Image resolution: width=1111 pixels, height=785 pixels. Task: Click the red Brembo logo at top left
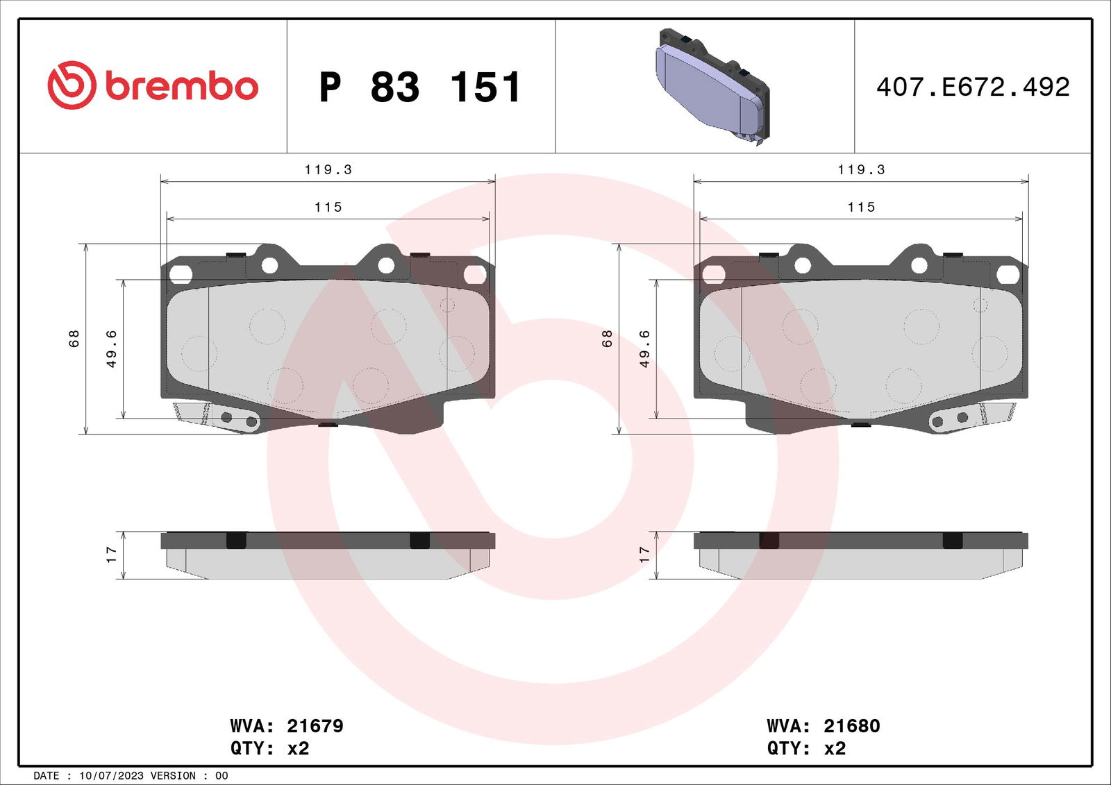pos(153,85)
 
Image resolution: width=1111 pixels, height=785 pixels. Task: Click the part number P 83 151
pos(419,87)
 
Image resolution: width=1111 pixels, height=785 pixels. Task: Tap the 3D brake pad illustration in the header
pos(713,86)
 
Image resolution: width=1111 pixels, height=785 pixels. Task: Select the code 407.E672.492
pos(973,87)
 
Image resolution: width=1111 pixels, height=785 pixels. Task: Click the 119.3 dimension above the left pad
pos(328,169)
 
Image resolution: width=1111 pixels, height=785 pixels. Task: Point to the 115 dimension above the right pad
pos(861,207)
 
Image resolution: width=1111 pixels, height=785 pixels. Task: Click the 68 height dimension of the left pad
pos(74,338)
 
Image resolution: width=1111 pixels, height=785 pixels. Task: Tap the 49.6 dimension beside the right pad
pos(644,348)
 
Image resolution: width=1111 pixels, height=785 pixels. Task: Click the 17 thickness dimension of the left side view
pos(111,555)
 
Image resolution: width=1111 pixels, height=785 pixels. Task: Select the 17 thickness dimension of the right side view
pos(644,555)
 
